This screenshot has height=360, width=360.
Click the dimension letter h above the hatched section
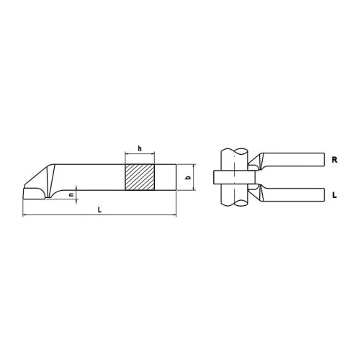click(x=140, y=148)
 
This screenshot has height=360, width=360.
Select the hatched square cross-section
click(x=140, y=178)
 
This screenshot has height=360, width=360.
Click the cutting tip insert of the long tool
click(x=33, y=192)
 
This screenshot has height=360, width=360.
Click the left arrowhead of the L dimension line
click(x=25, y=215)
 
